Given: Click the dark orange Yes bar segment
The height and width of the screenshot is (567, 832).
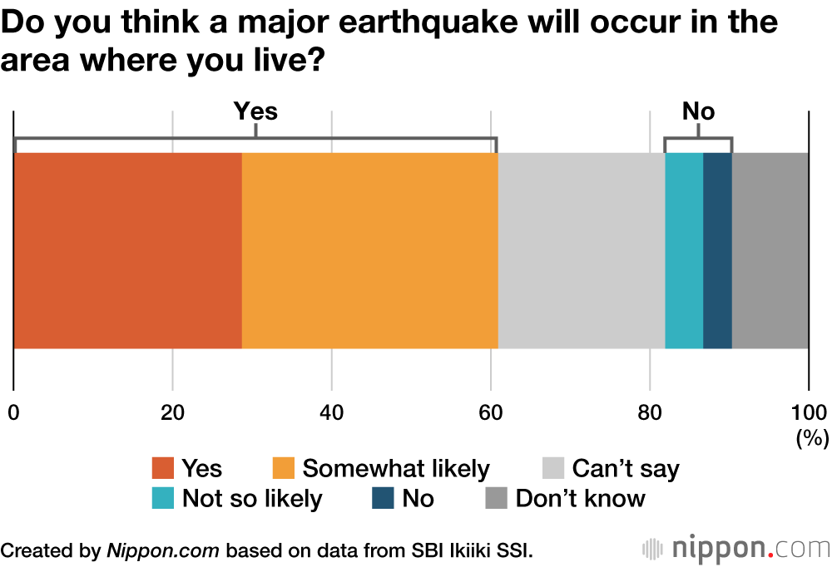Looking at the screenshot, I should click(128, 250).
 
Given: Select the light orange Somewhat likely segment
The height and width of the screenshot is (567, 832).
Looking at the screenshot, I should click(370, 250).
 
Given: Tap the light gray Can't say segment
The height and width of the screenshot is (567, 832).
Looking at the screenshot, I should click(582, 250).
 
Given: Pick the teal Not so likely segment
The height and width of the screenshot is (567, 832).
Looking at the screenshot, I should click(684, 250).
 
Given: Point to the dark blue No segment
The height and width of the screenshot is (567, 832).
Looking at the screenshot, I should click(717, 250).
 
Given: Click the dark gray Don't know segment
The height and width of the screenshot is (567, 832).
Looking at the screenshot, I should click(770, 250).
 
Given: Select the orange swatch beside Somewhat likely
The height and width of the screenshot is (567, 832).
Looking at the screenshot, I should click(283, 468).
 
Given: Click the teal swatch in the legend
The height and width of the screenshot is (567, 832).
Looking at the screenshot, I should click(163, 498).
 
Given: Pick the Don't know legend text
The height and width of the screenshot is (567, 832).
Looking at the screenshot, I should click(580, 498).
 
